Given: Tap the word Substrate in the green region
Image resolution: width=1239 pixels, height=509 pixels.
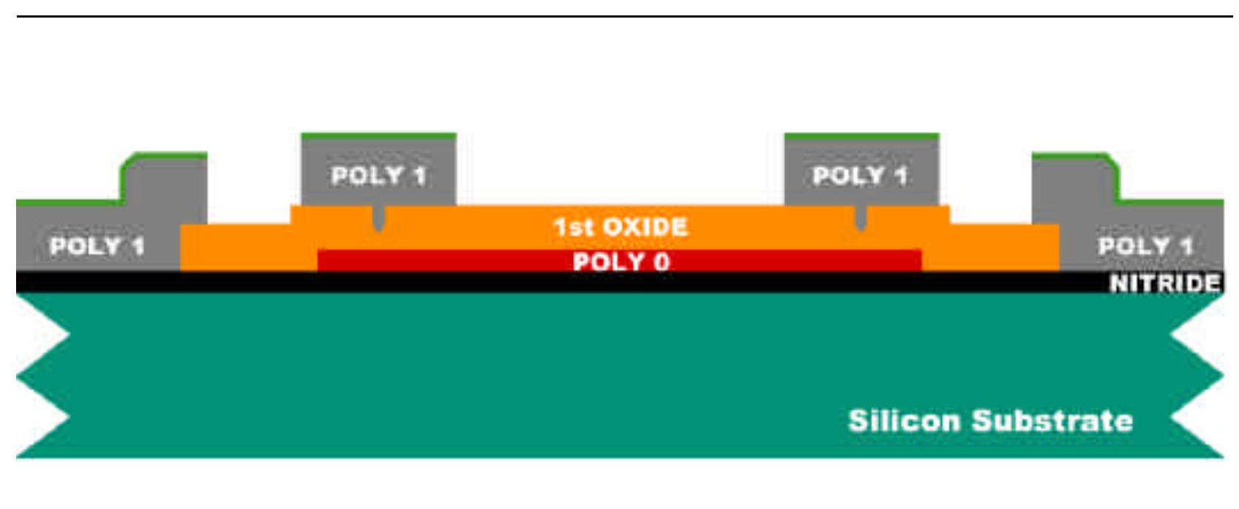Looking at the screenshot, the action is click(x=1052, y=420).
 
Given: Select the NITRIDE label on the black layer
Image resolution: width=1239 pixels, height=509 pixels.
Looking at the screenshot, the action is click(x=1164, y=283).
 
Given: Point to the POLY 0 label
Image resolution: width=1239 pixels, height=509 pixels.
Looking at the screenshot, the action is click(x=621, y=261).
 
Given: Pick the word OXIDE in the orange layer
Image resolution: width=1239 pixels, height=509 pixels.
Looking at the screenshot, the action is click(x=645, y=227).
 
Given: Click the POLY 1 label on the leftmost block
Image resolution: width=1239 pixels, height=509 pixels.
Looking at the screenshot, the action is click(x=97, y=245).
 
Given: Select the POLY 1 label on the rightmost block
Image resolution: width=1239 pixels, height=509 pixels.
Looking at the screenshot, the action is click(x=1145, y=245).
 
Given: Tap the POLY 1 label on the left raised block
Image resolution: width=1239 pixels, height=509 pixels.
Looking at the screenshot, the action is click(x=379, y=175).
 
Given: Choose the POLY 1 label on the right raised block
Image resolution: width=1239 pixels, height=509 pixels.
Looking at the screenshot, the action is click(x=860, y=175).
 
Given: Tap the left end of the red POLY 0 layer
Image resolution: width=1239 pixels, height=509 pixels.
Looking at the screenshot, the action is click(x=318, y=261).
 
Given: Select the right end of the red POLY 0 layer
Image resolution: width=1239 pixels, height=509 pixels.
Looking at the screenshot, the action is click(x=921, y=261).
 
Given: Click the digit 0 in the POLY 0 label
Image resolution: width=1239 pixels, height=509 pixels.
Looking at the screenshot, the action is click(x=662, y=261).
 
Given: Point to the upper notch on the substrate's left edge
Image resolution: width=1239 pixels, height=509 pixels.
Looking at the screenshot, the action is click(x=69, y=335).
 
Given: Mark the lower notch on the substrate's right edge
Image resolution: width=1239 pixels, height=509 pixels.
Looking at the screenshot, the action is click(x=1172, y=417).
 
